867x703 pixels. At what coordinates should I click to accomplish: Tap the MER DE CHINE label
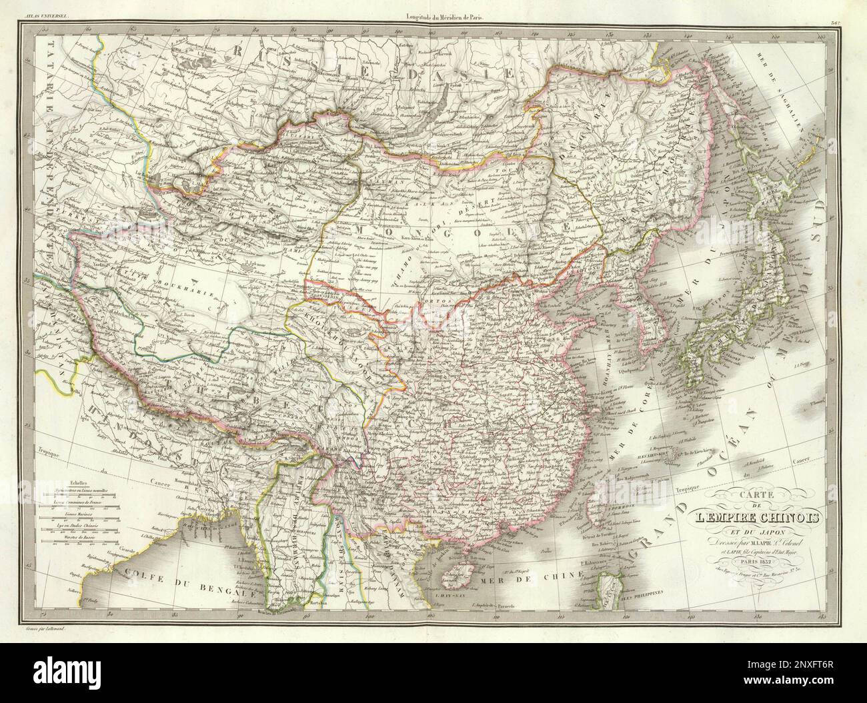coord(513,582)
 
